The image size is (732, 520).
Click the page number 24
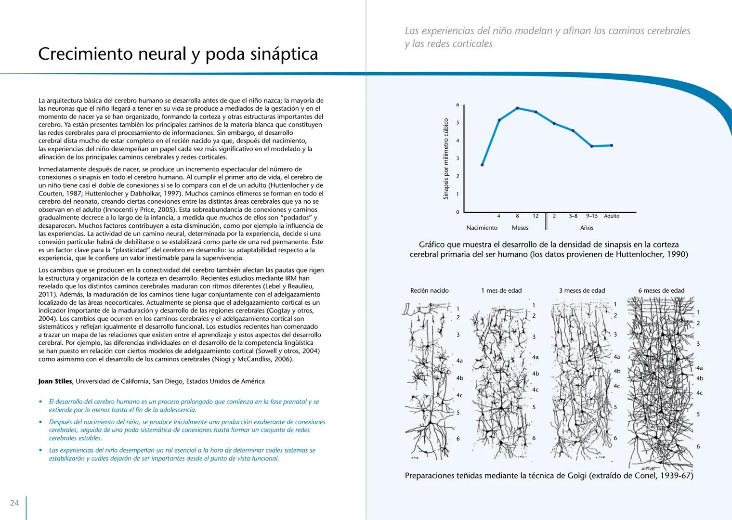(x=14, y=503)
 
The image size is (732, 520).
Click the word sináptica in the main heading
(x=284, y=54)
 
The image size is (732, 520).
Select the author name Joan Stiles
(x=55, y=381)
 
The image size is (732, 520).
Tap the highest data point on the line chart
(x=517, y=108)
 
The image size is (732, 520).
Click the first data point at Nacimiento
(x=482, y=165)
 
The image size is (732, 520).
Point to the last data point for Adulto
(x=612, y=145)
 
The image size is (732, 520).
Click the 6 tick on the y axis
(x=457, y=105)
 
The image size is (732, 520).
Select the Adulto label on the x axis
(x=612, y=216)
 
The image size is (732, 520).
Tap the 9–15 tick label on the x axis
(x=592, y=216)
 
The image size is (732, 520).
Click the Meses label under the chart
(x=520, y=228)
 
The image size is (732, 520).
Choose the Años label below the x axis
(x=587, y=228)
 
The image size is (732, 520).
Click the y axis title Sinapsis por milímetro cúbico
(x=445, y=159)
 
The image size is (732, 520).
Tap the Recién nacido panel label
(x=429, y=291)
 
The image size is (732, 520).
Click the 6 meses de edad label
(x=661, y=291)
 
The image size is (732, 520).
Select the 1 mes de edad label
(x=501, y=291)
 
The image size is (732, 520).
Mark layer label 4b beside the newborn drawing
(x=459, y=378)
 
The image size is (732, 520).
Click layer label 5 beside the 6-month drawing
(x=698, y=414)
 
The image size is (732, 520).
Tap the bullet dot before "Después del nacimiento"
(x=41, y=422)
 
